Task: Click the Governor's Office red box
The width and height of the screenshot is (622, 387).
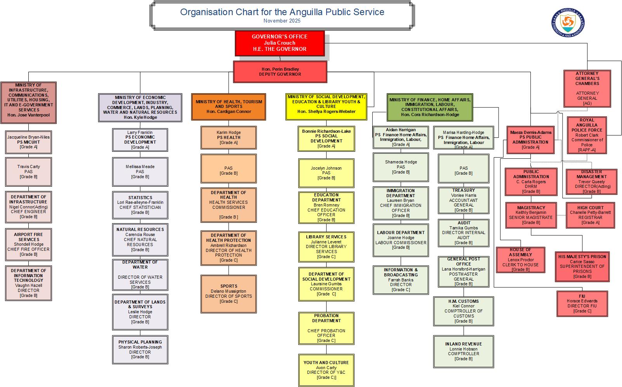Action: [x=280, y=43]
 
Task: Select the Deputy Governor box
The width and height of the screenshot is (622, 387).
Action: [x=280, y=72]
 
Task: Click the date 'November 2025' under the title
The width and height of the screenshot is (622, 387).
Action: [x=281, y=21]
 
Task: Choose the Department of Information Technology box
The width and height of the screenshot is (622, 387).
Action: [x=28, y=283]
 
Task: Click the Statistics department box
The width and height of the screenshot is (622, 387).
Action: [x=140, y=205]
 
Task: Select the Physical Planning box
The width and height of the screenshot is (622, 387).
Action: [x=140, y=349]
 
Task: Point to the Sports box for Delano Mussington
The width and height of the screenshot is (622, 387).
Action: [x=228, y=294]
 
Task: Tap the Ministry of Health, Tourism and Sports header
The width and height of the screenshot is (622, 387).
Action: [x=228, y=107]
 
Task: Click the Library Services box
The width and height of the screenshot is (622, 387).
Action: [x=326, y=247]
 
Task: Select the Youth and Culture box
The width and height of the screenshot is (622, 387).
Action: [x=326, y=370]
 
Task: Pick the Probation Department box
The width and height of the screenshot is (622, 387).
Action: [x=326, y=328]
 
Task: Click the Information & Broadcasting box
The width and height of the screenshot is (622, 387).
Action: [x=401, y=280]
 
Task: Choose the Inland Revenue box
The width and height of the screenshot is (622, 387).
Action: [x=464, y=351]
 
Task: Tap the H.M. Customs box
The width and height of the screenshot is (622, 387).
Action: [x=464, y=311]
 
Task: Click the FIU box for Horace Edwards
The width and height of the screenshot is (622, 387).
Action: [x=582, y=304]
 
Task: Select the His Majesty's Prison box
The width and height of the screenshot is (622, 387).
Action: [x=582, y=267]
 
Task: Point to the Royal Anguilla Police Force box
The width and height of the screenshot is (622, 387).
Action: [x=587, y=135]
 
